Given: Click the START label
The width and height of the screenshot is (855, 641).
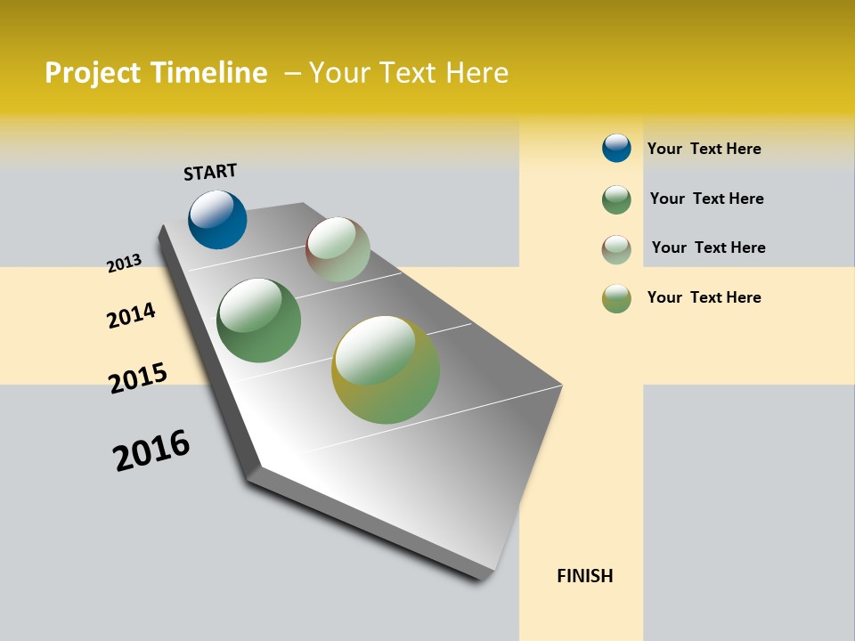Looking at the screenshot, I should point(210,172).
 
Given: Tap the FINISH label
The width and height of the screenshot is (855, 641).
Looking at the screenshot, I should point(585,576).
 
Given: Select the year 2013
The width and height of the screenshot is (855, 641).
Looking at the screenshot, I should point(124,264).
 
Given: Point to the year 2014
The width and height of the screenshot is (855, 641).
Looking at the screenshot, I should point(131,315).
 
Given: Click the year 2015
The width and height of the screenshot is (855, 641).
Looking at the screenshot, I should point(138,377).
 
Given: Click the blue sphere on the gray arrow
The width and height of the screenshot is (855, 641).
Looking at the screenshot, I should point(217,220).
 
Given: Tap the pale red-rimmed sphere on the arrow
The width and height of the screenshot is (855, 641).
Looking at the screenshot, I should point(338,249).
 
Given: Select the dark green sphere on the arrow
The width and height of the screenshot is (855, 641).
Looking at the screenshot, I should point(259,320).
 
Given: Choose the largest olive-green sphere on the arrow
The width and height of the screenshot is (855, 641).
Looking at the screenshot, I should point(386,369).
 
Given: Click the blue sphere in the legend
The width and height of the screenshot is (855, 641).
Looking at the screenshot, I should point(616,148).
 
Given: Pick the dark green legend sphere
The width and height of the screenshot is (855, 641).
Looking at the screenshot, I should point(616,199).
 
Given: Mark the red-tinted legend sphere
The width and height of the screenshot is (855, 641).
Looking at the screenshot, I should point(616,249).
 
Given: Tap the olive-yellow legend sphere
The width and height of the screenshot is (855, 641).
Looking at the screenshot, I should point(616,298).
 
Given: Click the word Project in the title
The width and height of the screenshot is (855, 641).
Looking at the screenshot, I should point(94,73).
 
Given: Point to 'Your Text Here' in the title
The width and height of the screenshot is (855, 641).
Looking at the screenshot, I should point(409,73).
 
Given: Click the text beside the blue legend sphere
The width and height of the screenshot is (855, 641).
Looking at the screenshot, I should point(704,149).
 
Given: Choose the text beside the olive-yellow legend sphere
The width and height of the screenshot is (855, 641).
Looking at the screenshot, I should point(704,297).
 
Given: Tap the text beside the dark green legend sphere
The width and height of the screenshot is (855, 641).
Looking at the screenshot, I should point(706,199).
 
